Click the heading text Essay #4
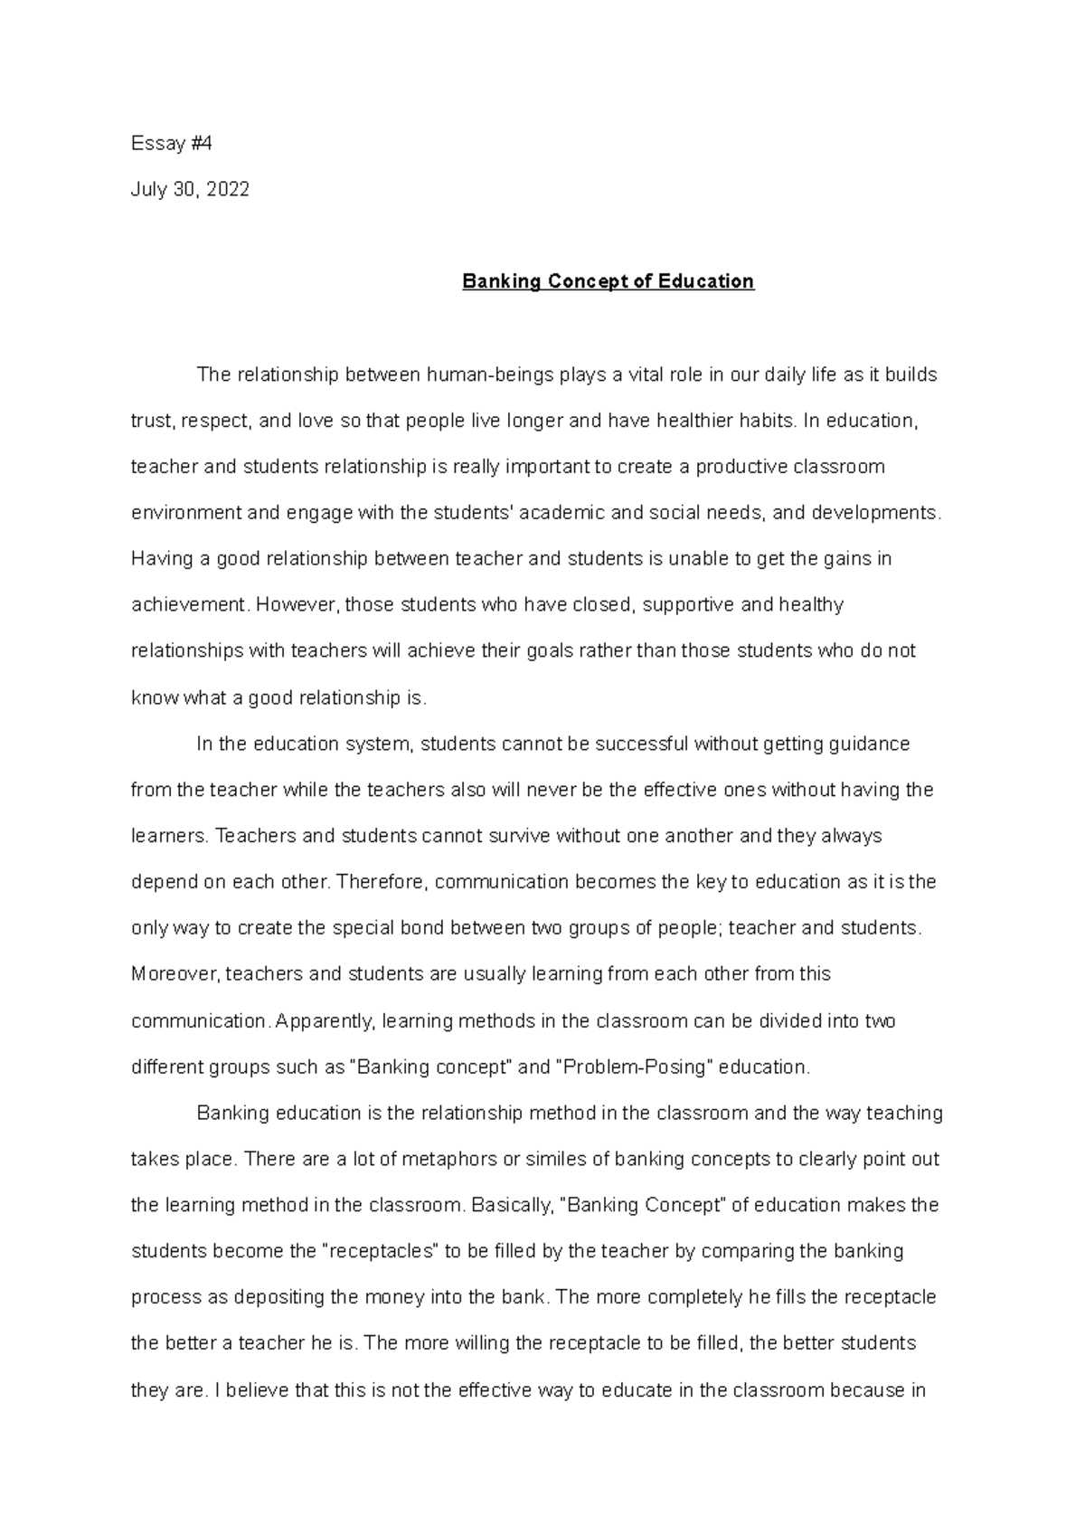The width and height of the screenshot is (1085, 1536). [x=171, y=143]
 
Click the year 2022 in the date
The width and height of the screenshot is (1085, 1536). [x=227, y=189]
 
